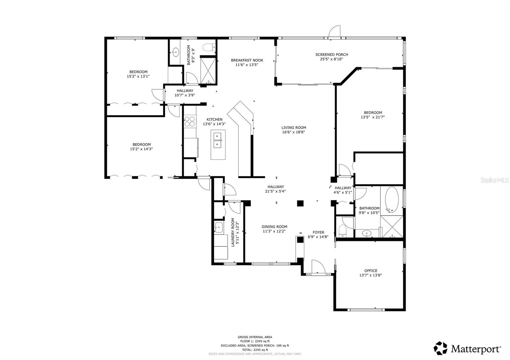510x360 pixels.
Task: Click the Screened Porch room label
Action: pyautogui.click(x=331, y=54)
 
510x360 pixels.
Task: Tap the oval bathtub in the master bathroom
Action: pyautogui.click(x=392, y=200)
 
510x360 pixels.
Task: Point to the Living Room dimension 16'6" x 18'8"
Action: pyautogui.click(x=294, y=132)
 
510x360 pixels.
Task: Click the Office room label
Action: pyautogui.click(x=371, y=271)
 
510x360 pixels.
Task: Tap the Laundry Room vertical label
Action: pyautogui.click(x=233, y=232)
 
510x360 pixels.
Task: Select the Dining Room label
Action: pyautogui.click(x=274, y=227)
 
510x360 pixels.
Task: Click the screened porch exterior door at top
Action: pyautogui.click(x=335, y=32)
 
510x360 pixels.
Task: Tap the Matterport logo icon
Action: pyautogui.click(x=441, y=348)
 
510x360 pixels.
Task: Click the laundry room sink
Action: pyautogui.click(x=218, y=227)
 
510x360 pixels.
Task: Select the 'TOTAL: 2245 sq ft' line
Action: pyautogui.click(x=255, y=350)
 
